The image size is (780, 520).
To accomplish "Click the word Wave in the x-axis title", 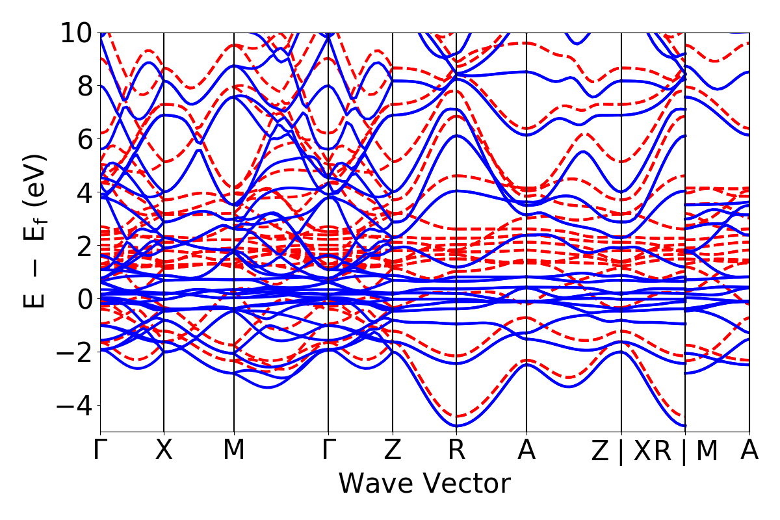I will [x=378, y=484].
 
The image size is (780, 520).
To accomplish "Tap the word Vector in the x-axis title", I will [x=468, y=484].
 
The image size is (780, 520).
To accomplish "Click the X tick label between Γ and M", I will [x=164, y=450].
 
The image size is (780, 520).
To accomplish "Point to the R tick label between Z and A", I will [x=456, y=450].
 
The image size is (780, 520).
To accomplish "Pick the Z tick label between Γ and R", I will [x=393, y=450].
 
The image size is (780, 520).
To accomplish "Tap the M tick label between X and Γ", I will [x=234, y=450].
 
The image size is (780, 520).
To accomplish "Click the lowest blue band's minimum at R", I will [x=456, y=426].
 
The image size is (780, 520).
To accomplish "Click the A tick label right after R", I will [x=526, y=450].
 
